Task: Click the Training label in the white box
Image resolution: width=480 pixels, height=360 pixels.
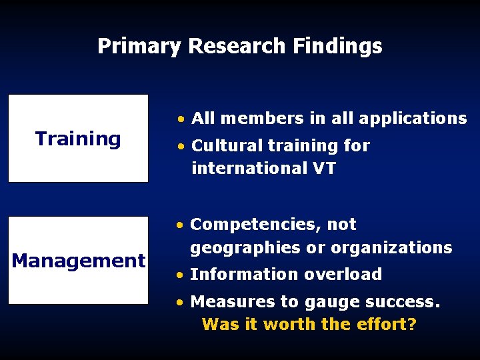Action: click(x=78, y=139)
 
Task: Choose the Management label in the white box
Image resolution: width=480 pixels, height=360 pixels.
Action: click(x=78, y=261)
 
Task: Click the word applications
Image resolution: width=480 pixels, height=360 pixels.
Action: click(x=413, y=119)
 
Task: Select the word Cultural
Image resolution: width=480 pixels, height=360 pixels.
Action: click(x=224, y=145)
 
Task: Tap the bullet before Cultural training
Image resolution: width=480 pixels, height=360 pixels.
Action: click(x=181, y=146)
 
